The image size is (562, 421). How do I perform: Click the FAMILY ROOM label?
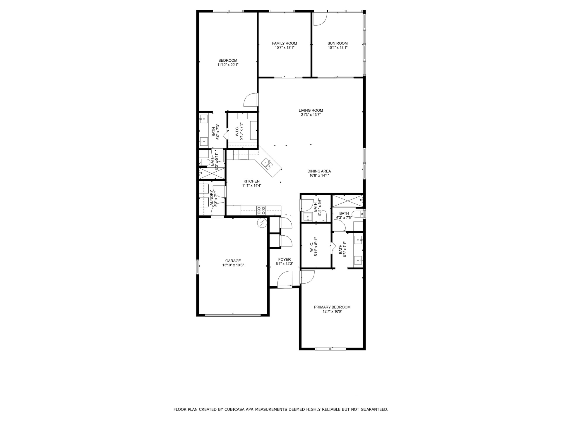(284, 43)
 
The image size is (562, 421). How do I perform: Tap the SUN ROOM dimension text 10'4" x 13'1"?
(337, 48)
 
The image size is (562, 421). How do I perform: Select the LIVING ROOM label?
(311, 111)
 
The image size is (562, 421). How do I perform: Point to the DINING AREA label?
(319, 171)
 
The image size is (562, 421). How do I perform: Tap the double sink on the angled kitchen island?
(268, 164)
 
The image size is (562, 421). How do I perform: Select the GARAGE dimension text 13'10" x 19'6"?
(233, 265)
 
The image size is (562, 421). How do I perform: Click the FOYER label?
(285, 259)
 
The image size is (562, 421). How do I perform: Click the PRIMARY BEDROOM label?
(332, 307)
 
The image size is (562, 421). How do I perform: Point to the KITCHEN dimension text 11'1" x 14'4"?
(251, 185)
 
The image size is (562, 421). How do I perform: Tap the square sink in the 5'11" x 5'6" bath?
(308, 217)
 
